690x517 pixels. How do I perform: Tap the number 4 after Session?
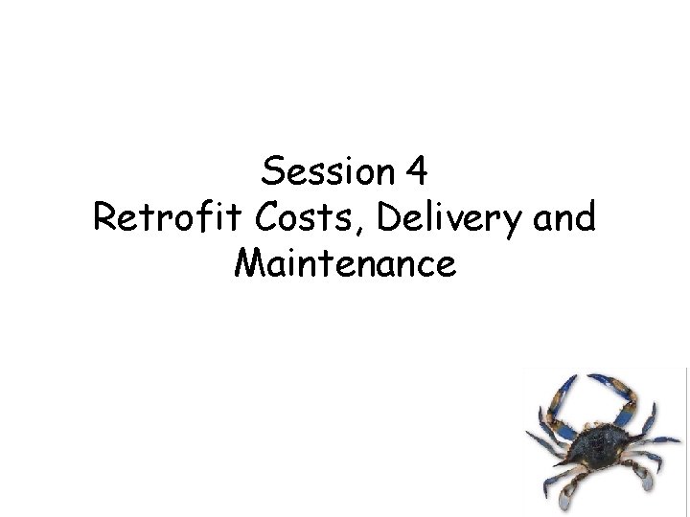(416, 172)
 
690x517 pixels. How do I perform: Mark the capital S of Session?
(271, 172)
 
